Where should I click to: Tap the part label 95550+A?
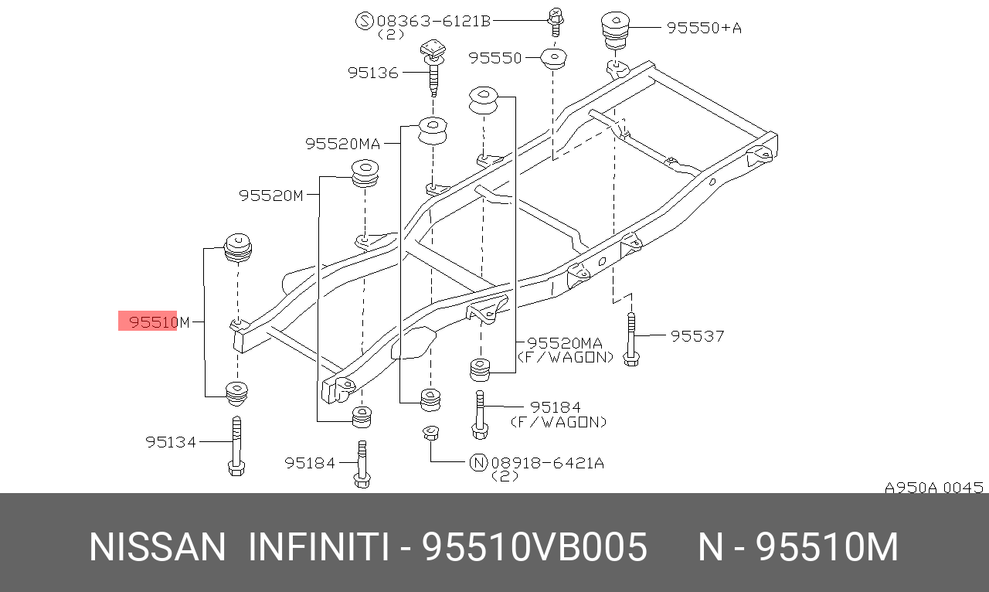pos(704,28)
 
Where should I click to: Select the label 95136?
pos(372,73)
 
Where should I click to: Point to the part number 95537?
pos(697,335)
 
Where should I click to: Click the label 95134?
pos(171,442)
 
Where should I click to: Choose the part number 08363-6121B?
pos(433,21)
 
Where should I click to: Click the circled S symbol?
pos(364,21)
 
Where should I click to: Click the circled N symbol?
pos(478,463)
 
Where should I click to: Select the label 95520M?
pos(270,196)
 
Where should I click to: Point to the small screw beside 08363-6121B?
pos(555,21)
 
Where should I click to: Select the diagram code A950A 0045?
pos(933,488)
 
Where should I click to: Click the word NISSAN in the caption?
pos(157,548)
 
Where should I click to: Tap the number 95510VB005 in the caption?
pos(534,548)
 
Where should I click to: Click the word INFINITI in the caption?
pos(318,548)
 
